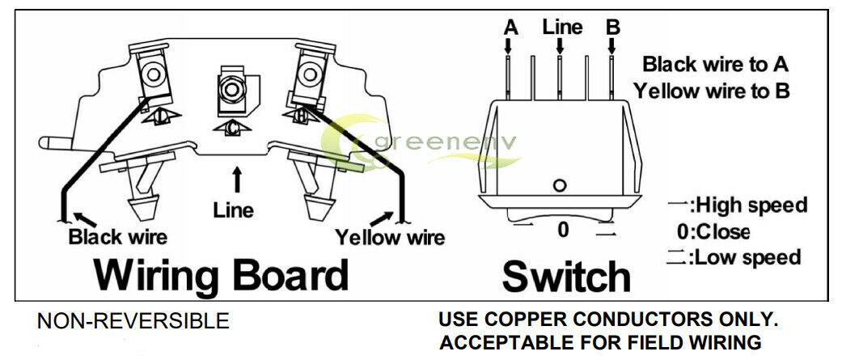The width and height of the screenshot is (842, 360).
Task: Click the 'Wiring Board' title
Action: [221, 276]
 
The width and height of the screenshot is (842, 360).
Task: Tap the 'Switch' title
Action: [566, 277]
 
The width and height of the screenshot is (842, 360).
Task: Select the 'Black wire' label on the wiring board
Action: [117, 236]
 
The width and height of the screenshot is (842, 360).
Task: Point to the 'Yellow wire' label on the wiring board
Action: [390, 237]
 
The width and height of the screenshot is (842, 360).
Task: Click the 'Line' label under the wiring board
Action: [233, 210]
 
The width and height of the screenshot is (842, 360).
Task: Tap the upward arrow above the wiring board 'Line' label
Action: [236, 180]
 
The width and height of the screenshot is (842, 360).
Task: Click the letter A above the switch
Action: [511, 28]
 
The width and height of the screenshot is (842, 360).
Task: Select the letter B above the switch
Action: [613, 28]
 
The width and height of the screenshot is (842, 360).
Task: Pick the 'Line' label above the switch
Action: [562, 27]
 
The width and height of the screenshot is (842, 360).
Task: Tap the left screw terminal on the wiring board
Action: [154, 73]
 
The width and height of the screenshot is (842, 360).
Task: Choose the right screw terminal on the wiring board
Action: [308, 74]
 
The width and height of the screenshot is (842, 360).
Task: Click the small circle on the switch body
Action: [560, 186]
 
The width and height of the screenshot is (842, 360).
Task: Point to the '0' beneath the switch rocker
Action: [563, 230]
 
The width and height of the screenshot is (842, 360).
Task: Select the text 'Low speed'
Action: [748, 256]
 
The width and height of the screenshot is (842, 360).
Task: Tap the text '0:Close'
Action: [713, 231]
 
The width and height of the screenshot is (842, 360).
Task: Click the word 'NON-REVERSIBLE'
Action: [133, 321]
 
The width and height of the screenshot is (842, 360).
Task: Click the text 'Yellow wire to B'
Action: [712, 91]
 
